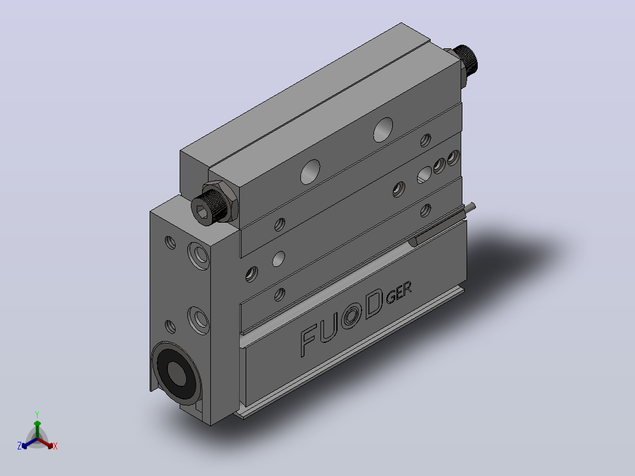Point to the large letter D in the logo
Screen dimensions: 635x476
coord(373,304)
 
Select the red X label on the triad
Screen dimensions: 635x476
coord(55,446)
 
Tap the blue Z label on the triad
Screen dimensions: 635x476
coord(19,445)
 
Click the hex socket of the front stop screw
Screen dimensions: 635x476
coord(202,213)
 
